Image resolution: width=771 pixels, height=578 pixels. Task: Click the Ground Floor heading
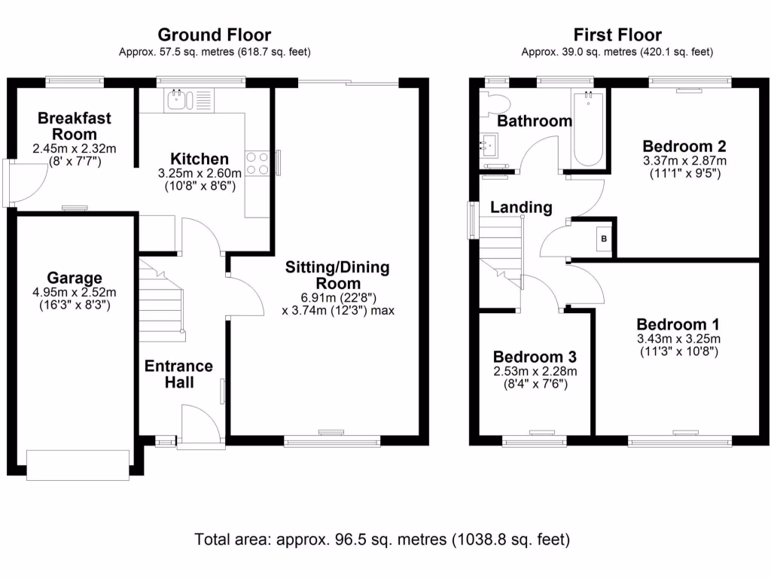[x=215, y=35]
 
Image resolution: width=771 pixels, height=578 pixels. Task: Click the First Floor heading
[x=617, y=35]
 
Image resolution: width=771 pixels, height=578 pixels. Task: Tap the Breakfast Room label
[x=74, y=126]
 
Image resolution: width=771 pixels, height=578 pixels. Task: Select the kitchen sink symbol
[x=181, y=99]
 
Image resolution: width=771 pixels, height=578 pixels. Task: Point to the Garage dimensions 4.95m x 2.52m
[x=74, y=293]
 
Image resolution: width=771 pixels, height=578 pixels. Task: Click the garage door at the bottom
[x=78, y=464]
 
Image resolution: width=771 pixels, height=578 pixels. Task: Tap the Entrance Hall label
[x=178, y=374]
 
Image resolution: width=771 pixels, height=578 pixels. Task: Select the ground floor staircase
[x=162, y=297]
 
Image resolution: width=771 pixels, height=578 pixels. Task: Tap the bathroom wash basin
[x=491, y=144]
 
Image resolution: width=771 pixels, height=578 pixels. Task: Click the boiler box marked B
[x=603, y=239]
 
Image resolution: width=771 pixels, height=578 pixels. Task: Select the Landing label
[x=521, y=207]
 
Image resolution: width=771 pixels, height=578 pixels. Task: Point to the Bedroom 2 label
[x=684, y=146]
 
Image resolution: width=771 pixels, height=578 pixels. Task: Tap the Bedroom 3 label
[x=535, y=356]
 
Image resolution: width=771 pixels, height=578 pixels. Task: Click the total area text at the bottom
[x=382, y=539]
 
